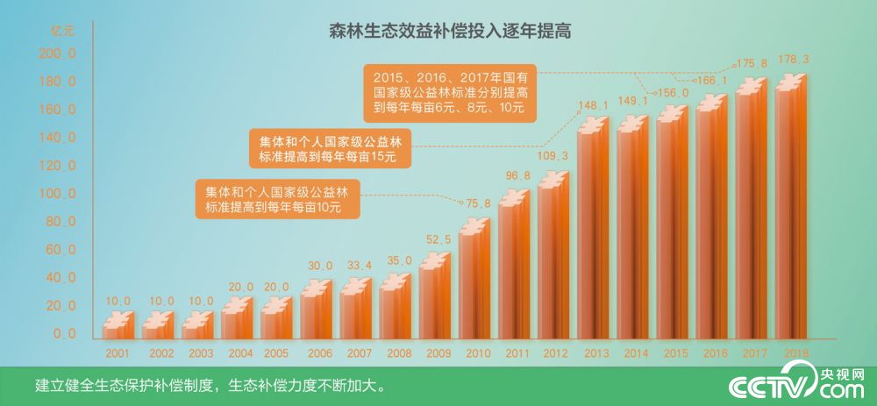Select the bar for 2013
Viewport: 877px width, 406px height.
tap(592, 237)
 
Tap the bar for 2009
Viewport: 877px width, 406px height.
tap(434, 298)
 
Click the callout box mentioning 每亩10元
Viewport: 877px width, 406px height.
tap(276, 200)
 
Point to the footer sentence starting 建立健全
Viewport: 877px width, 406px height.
tap(210, 386)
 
